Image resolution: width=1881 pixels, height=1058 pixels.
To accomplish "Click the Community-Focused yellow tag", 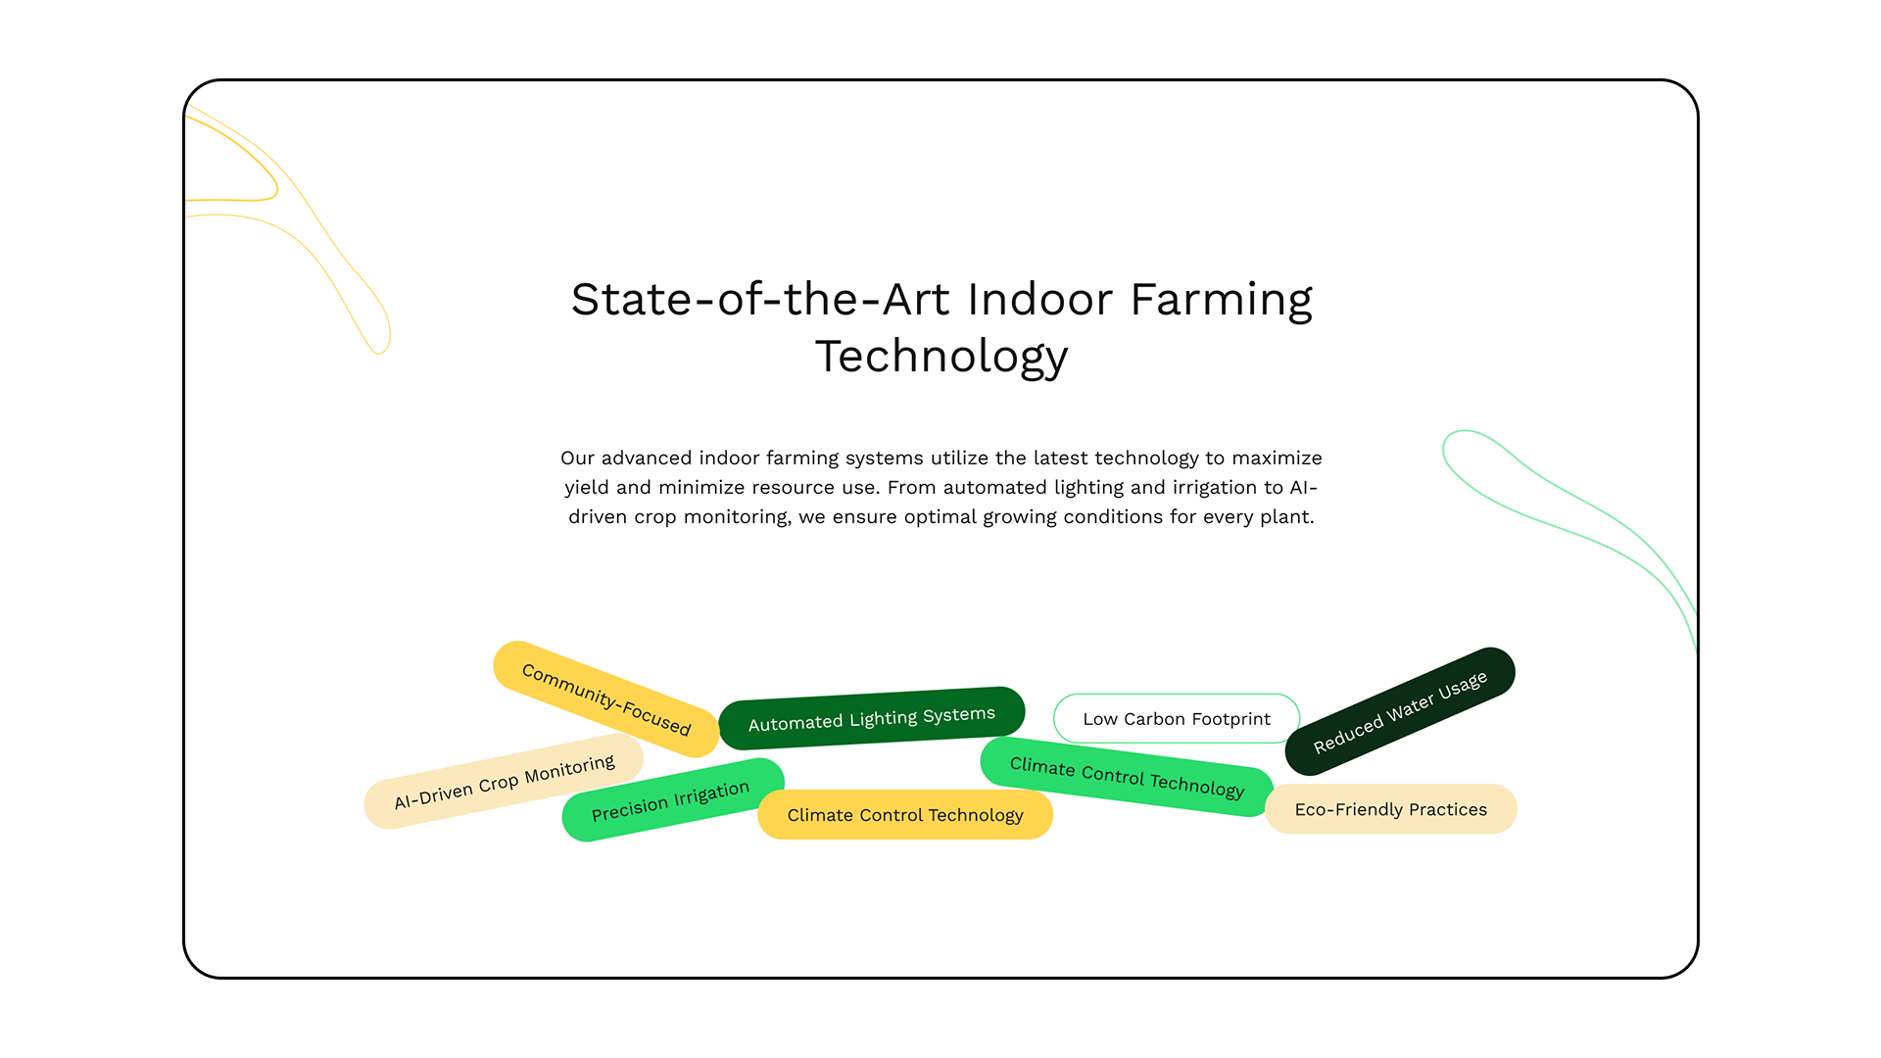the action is point(606,699).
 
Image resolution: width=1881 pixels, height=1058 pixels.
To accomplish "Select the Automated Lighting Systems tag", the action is point(872,718).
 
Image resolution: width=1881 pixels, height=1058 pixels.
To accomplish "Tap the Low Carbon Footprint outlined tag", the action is point(1177,719).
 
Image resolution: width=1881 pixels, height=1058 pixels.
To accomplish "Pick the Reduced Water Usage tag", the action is point(1400,711).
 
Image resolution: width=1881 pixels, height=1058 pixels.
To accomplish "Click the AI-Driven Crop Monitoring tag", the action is point(504,782).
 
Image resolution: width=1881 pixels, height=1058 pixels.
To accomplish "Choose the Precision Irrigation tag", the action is point(673,800).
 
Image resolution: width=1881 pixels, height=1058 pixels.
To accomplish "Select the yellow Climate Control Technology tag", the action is point(905,815).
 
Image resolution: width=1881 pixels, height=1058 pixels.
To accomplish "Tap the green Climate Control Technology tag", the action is point(1127,777).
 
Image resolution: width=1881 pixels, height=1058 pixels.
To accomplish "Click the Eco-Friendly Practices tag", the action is point(1391,809).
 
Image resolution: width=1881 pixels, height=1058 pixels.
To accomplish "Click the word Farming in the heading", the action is point(1221,300).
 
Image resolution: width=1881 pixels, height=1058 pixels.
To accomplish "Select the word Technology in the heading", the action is point(941,357).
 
